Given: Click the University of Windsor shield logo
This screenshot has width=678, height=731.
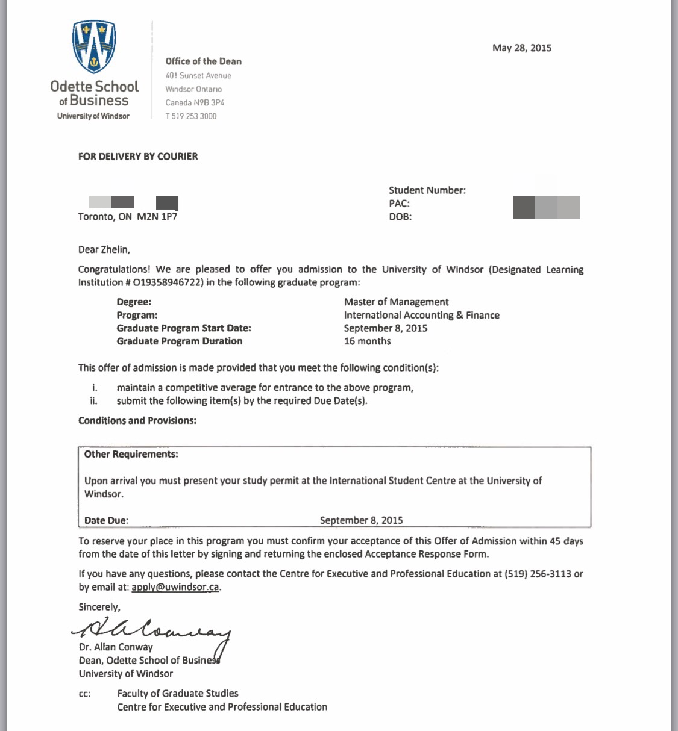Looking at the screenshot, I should pos(93,46).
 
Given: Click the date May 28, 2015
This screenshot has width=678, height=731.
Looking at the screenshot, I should pos(521,48).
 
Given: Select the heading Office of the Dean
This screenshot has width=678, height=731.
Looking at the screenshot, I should pos(203,61).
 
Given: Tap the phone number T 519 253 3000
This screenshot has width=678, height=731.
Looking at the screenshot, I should pos(190,116).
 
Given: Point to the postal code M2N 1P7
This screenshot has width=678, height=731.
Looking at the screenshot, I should pos(157,217).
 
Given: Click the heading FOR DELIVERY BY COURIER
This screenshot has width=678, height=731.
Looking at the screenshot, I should pos(138,157).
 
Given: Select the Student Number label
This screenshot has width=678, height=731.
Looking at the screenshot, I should pos(427,190).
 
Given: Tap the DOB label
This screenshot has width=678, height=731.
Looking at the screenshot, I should pos(400,217).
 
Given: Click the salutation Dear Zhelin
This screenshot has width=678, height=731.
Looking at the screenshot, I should pos(104,249).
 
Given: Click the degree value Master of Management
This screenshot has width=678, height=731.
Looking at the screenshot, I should pos(396,302).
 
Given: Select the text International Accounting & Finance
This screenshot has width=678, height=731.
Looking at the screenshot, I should pos(421,315).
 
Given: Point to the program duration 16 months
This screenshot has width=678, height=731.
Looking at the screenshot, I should pos(367,341).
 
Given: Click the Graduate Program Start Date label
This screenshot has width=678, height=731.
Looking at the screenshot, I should pos(184,328).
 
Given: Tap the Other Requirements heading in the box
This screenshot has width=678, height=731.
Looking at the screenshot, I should pos(131,454).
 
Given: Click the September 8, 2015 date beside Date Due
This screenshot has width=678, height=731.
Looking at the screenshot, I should pos(361,520).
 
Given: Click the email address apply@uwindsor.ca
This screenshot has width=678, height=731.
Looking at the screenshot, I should pos(175,587).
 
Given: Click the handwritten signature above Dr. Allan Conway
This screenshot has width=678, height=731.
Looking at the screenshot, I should pos(151,630).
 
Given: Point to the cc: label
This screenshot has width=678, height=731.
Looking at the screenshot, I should pos(84,694).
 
